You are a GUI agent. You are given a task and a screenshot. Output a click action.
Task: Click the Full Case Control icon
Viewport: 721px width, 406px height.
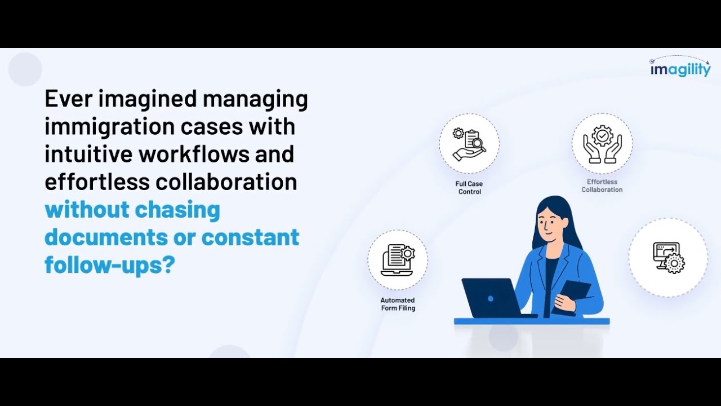pos(469,143)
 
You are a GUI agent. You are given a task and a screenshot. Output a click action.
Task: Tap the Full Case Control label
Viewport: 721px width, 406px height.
pos(469,188)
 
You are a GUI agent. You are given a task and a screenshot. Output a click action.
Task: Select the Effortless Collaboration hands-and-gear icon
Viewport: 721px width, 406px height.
pos(602,143)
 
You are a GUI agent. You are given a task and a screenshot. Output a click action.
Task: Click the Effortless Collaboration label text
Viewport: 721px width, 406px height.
pos(602,186)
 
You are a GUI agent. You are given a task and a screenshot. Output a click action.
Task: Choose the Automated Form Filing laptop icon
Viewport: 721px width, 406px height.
pos(398,259)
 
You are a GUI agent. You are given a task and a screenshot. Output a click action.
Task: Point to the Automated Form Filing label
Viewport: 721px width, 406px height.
pos(398,304)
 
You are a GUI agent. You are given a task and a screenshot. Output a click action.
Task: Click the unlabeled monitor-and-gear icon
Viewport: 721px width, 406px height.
pos(668,258)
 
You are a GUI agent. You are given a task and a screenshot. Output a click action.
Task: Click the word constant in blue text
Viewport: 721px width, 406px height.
pos(250,237)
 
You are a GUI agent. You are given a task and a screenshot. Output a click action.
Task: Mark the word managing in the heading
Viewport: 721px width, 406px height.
pos(255,99)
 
